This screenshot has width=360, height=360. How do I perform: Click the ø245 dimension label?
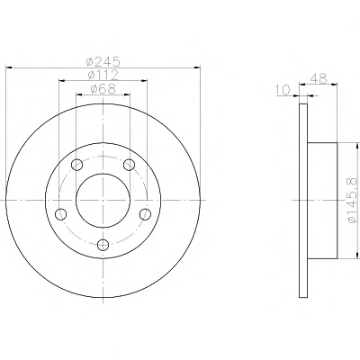coord(103,62)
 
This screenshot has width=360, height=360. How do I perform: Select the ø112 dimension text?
coord(103,75)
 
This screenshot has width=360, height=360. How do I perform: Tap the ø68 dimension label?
coord(103,89)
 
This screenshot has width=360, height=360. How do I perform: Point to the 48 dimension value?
coord(319,78)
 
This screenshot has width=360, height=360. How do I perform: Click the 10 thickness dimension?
coord(283,90)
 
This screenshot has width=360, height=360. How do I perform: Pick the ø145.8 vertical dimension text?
coord(352,201)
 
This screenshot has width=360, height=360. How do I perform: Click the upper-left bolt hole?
coord(77,164)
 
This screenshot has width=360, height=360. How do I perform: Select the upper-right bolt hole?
coord(130,164)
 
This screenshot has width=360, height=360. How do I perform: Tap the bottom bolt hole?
coord(103,244)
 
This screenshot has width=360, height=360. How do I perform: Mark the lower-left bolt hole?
coord(61,214)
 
